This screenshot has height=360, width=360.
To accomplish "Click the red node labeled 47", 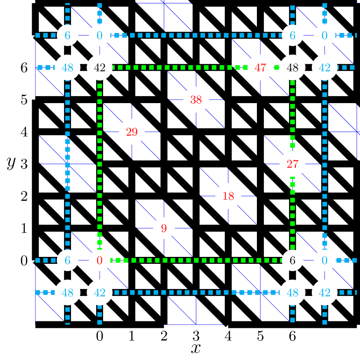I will [x=260, y=68].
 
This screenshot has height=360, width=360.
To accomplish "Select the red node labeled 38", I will [x=196, y=100].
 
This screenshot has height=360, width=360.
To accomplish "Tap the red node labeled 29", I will [x=132, y=132].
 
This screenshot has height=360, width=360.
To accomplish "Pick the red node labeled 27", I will [x=292, y=164].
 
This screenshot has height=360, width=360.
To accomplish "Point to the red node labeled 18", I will [x=228, y=196].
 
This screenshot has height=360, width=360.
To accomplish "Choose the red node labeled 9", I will [x=164, y=228].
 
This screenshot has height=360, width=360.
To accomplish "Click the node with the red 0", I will [x=100, y=260].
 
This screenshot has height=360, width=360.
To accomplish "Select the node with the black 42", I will [x=100, y=68].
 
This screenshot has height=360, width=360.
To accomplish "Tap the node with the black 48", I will [x=292, y=68].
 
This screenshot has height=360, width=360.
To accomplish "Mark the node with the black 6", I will [x=292, y=260].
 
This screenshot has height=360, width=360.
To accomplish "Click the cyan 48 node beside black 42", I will [x=68, y=68].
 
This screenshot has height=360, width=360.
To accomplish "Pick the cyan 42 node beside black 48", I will [x=324, y=68].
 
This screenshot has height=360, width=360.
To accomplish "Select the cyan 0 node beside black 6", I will [x=324, y=260].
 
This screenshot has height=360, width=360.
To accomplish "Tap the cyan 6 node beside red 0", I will [x=68, y=260].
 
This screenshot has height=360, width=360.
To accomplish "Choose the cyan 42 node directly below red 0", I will [x=100, y=292].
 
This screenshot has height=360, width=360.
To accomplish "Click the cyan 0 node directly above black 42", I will [x=100, y=35].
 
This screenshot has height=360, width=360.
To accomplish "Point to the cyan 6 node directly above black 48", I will [x=292, y=35].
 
